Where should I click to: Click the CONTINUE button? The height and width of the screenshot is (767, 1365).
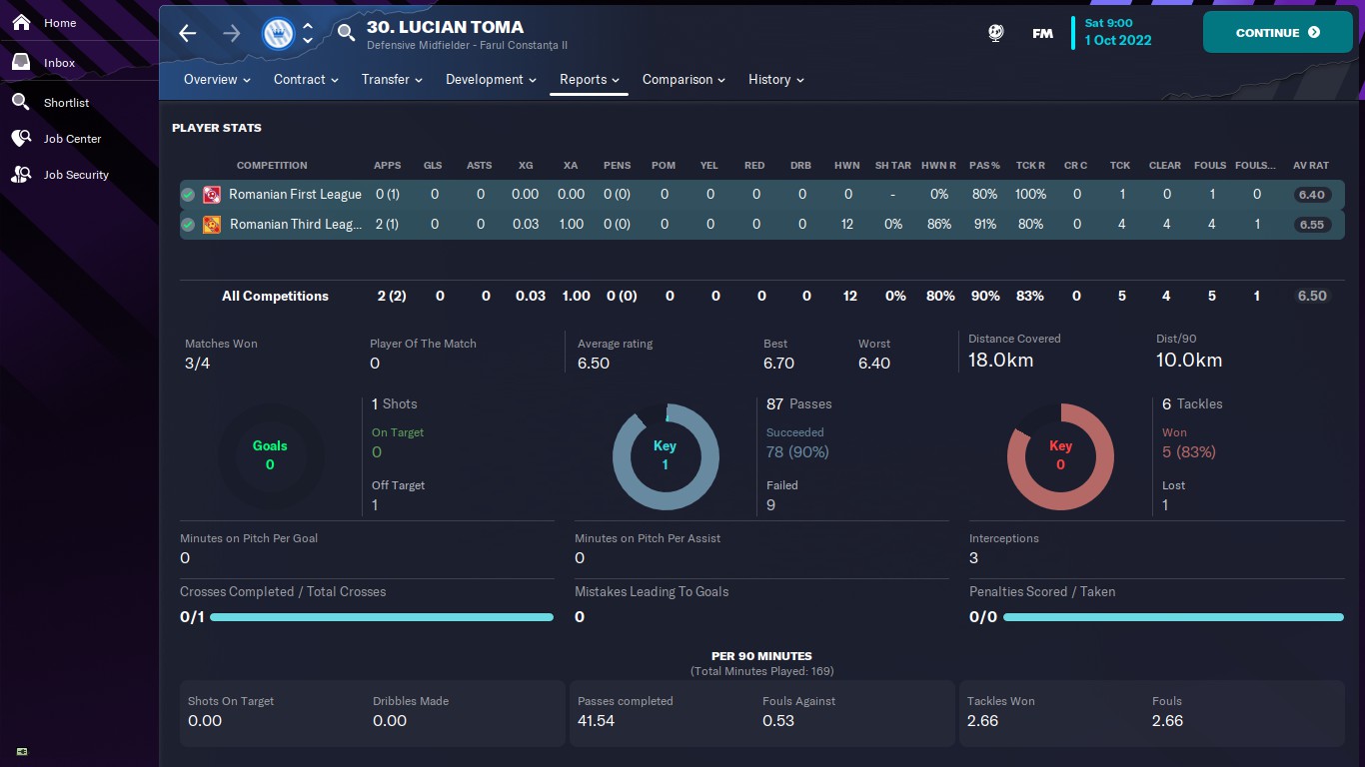(1277, 33)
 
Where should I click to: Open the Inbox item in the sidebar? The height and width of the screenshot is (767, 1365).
(59, 63)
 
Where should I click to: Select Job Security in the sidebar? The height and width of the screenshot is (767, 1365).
(76, 175)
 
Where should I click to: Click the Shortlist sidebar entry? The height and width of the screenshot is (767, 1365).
(66, 103)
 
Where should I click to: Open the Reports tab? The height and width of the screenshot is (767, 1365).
(589, 80)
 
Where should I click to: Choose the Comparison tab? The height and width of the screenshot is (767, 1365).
(683, 80)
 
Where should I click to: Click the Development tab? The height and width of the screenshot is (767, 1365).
(491, 80)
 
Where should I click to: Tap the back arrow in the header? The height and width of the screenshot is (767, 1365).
(188, 34)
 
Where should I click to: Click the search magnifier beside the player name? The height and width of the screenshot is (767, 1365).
(346, 34)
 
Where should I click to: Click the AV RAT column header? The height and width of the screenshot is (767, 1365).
(1311, 166)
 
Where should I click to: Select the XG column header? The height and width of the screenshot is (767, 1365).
(526, 166)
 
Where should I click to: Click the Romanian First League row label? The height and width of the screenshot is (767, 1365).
(295, 195)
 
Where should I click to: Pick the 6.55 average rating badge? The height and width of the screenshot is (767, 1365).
(1311, 225)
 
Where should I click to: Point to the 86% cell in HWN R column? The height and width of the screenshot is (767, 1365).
(938, 225)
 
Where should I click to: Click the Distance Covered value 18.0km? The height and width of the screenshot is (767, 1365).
(1000, 361)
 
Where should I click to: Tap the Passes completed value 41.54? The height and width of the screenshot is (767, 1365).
(596, 720)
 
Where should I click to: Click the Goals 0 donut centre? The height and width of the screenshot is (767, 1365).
(270, 455)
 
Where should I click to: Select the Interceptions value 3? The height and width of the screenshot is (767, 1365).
(973, 558)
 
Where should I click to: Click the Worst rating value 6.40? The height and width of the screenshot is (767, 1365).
(873, 364)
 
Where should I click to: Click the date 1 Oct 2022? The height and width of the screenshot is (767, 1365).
(1118, 41)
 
